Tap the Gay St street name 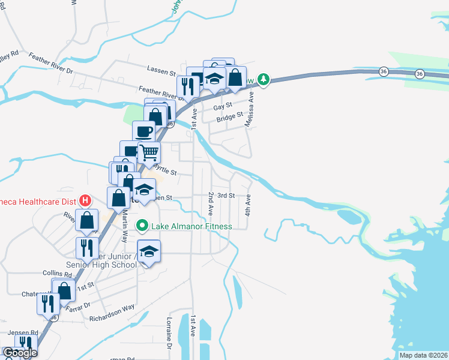223,107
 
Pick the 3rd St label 226,196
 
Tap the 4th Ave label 247,205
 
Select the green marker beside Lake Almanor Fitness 142,226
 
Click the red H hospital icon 86,200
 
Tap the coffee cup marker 143,131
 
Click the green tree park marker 263,79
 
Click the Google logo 20,353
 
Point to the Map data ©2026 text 423,355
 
